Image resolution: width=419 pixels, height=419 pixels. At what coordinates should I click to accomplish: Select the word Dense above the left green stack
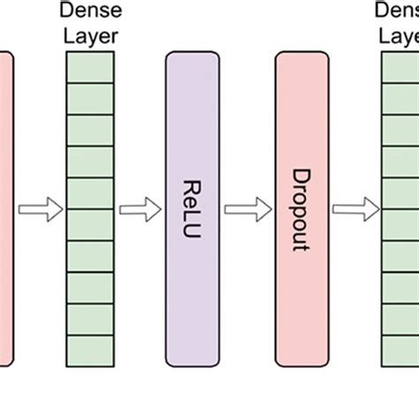(x=90, y=11)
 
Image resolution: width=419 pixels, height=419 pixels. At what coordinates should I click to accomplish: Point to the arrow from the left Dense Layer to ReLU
(x=139, y=209)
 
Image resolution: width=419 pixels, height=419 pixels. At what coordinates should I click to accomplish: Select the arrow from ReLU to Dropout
(x=245, y=209)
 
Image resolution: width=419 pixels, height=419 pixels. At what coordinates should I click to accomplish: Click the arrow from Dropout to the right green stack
(x=354, y=209)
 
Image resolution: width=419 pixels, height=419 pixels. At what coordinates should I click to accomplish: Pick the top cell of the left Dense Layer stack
(x=90, y=66)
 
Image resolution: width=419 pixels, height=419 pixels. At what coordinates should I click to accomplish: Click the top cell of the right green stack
(x=400, y=66)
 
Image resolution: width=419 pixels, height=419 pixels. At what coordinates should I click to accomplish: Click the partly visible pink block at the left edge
(x=6, y=209)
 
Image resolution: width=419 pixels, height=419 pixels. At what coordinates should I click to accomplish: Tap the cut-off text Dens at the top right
(x=397, y=11)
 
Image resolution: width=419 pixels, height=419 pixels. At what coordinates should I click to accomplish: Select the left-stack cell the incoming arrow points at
(x=90, y=209)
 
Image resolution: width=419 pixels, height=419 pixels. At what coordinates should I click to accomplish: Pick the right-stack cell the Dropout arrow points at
(x=400, y=209)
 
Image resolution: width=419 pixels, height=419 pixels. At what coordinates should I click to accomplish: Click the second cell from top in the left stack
(x=90, y=98)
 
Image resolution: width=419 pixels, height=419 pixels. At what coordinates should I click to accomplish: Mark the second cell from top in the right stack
(x=400, y=98)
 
